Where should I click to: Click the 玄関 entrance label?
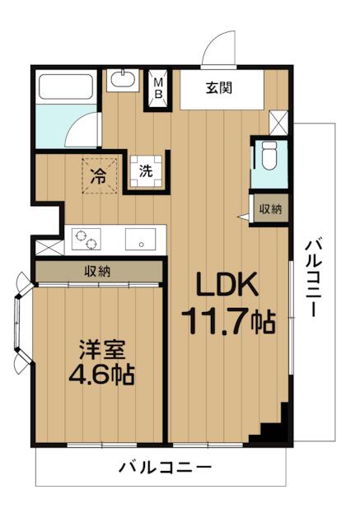click(219, 88)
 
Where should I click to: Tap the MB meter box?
click(158, 89)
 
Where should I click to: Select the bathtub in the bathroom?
click(66, 86)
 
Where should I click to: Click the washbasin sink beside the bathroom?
click(123, 80)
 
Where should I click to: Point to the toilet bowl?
click(269, 156)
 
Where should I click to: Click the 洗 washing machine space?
click(146, 171)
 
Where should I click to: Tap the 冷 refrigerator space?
click(99, 175)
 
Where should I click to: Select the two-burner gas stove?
click(86, 240)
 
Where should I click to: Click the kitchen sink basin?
click(141, 240)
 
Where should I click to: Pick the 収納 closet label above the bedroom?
click(97, 271)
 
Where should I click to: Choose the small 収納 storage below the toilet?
click(270, 209)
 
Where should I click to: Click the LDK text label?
click(227, 284)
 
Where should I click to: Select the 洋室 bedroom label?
click(102, 352)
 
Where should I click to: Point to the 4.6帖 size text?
click(101, 375)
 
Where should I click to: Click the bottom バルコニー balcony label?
click(165, 468)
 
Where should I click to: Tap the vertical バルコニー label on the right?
click(313, 277)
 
